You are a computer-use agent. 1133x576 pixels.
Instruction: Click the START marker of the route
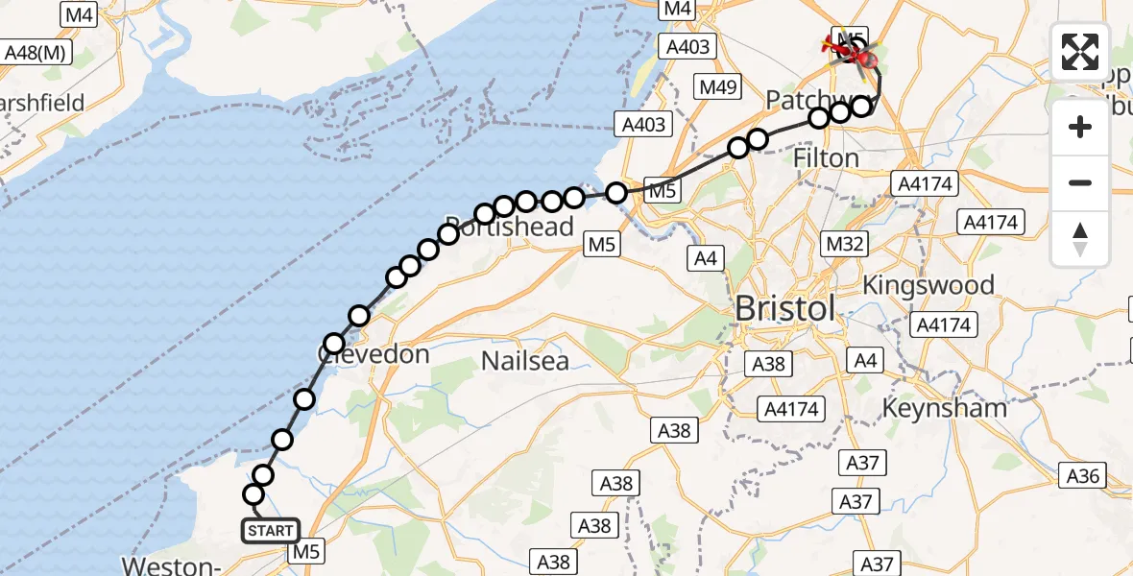point(270,530)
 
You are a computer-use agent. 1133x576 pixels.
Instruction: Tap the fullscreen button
point(1080,52)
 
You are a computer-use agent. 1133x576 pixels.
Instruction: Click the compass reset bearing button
point(1080,239)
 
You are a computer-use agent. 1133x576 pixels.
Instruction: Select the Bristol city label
point(783,310)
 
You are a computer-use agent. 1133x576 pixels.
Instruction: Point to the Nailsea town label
point(525,361)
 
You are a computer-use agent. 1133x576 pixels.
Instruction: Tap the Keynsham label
point(946,407)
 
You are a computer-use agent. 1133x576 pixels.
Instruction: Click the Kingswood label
point(928,285)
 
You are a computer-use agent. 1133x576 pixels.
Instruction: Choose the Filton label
point(827,157)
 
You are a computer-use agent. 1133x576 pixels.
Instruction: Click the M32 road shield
point(846,244)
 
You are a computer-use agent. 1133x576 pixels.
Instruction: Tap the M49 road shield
point(718,87)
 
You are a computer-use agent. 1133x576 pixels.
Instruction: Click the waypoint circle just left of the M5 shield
point(616,192)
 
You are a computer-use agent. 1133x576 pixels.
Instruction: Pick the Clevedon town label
point(374,354)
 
